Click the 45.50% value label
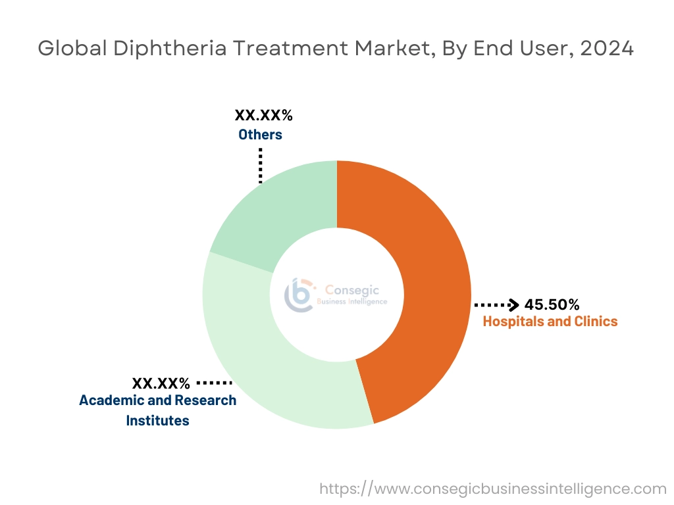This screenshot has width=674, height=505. (x=552, y=304)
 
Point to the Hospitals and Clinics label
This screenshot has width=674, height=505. (x=550, y=322)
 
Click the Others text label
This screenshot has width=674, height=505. (x=260, y=135)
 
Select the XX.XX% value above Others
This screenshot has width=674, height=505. (x=264, y=116)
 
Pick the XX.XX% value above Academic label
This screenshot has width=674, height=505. (x=161, y=383)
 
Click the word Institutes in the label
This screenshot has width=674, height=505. (x=157, y=420)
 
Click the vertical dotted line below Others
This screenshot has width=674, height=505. (x=261, y=164)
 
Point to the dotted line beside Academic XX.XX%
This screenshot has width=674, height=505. (x=215, y=382)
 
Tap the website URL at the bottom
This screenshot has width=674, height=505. (x=493, y=489)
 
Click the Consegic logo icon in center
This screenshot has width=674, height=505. (x=298, y=294)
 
